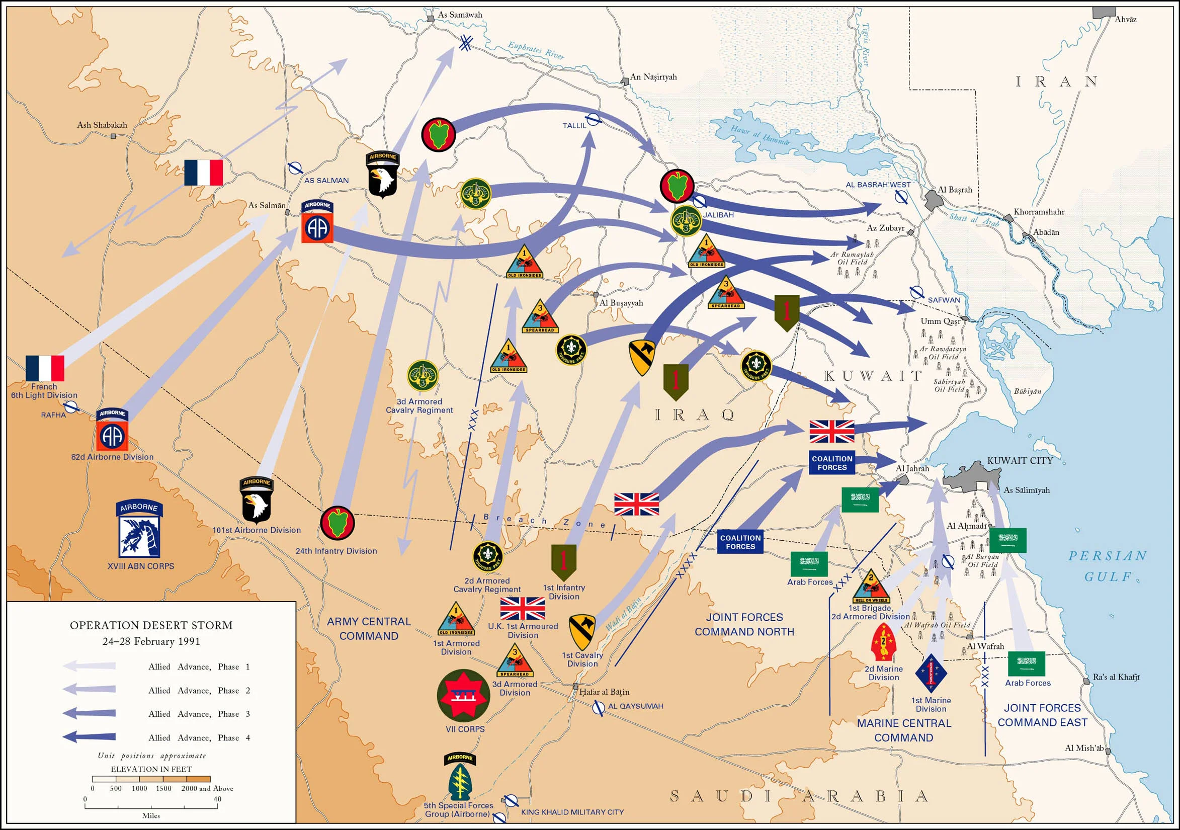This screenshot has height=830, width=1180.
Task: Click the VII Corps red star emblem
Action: coord(463,695)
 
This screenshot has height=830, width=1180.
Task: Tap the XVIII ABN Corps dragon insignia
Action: coord(139,536)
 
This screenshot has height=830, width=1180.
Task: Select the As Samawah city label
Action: coord(460,15)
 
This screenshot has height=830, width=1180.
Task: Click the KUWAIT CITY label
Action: coord(1020,460)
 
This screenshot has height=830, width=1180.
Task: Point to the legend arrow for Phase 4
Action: coord(90,737)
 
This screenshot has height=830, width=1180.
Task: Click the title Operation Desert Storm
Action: coord(151,625)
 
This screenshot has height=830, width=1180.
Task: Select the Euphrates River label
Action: coord(536,50)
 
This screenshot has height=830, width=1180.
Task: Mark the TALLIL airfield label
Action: coord(574,125)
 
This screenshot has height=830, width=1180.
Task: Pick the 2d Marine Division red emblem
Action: coord(883,642)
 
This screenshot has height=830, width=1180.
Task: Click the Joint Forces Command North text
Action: coord(744,624)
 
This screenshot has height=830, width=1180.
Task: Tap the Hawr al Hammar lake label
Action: coord(760,135)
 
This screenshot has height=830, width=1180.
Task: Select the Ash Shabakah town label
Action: coord(102,125)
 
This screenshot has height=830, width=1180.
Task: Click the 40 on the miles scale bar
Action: coord(217,799)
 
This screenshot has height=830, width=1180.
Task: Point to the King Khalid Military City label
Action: coord(572,812)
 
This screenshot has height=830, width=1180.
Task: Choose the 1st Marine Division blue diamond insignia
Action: coord(931,673)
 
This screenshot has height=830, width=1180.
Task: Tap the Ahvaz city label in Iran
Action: coord(1125,20)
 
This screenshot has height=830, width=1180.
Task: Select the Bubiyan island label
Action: coord(1028,391)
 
